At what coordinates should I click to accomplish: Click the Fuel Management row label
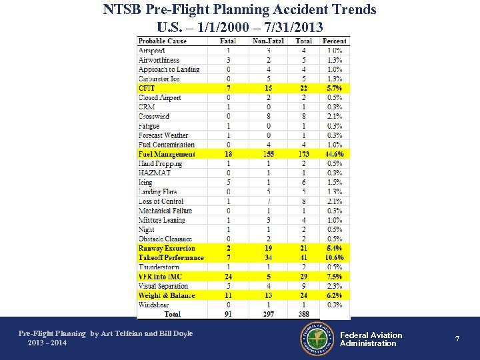pos(167,154)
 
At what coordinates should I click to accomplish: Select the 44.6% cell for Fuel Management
pos(335,154)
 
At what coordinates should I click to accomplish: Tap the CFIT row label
pos(147,88)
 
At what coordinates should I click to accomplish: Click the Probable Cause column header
pos(162,41)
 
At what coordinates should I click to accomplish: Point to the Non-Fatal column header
pos(268,41)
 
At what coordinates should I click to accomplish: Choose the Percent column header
pos(335,41)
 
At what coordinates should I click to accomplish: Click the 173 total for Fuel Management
pos(304,154)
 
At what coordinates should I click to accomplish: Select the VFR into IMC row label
pos(160,277)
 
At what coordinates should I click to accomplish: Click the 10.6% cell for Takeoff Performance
pos(335,258)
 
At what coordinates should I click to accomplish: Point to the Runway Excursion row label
pos(167,248)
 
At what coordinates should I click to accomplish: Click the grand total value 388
pos(304,314)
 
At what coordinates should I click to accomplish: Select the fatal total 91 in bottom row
pos(229,314)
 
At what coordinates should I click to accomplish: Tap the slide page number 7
pos(457,339)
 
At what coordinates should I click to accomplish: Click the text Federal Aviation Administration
pos(371,339)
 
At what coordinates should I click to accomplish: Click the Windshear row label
pos(155,305)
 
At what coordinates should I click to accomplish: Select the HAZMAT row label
pos(155,173)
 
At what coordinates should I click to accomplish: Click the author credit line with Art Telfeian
pos(105,333)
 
